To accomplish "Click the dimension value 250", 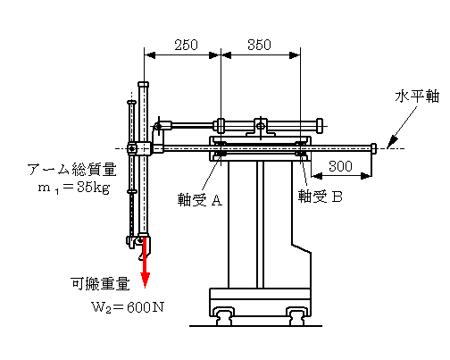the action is click(186, 45).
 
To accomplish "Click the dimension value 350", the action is click(259, 45).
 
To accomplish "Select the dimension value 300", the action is click(340, 166).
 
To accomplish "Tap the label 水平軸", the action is click(417, 96).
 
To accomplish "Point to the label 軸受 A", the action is click(200, 199).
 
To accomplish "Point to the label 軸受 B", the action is click(321, 197).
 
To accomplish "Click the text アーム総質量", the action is click(71, 170).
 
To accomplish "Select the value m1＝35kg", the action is click(74, 188).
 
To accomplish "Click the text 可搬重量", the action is click(100, 284).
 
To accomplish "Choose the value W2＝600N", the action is click(128, 307).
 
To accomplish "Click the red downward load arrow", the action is click(145, 263).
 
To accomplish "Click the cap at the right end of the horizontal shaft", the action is click(373, 148).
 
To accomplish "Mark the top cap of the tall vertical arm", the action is click(143, 84).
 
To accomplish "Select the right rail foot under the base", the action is click(296, 316).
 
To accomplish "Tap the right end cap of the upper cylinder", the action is click(320, 126).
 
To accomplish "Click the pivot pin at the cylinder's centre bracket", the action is click(261, 126).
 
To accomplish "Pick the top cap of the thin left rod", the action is click(131, 103).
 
